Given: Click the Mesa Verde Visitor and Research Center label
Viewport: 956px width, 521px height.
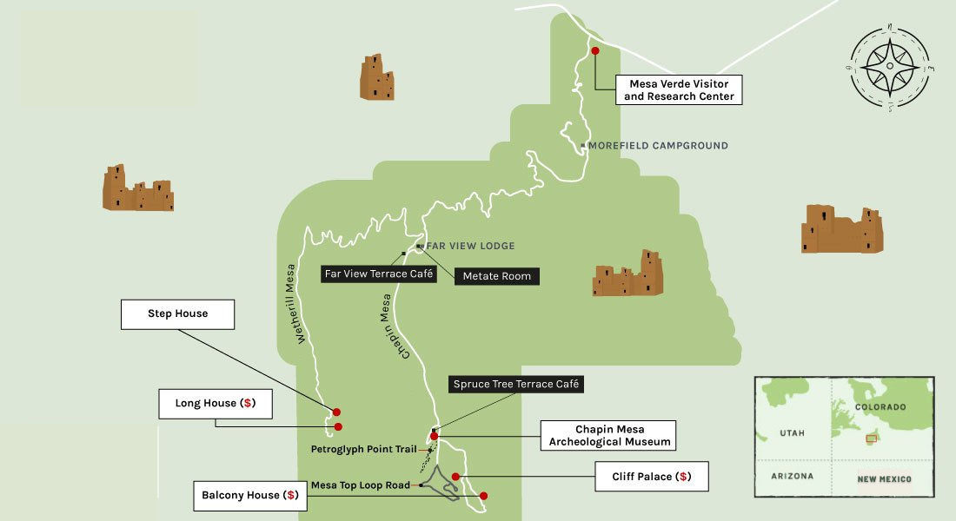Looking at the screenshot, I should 679,89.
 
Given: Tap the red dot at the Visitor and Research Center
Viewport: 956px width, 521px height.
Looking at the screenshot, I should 595,51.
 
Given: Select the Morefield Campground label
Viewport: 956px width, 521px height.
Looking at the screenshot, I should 658,146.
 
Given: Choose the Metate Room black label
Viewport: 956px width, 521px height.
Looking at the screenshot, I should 498,276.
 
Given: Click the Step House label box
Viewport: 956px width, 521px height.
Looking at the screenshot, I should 177,313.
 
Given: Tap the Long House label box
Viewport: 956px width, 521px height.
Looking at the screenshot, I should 214,403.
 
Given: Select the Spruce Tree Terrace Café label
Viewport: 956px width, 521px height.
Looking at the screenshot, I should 515,383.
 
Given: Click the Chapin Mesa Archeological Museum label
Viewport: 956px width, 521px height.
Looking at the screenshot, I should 607,435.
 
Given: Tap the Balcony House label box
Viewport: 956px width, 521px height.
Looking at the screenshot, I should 250,497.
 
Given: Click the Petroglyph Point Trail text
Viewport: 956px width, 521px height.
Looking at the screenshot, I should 364,450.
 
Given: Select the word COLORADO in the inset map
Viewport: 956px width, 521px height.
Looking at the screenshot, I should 880,407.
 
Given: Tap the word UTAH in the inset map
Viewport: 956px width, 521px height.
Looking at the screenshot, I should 792,432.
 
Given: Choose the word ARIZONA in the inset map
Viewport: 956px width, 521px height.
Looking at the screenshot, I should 792,477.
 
